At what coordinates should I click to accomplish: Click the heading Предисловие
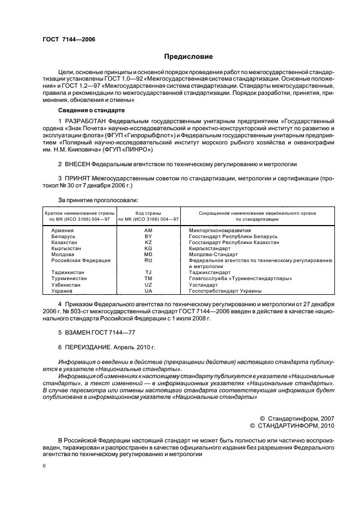click(x=188, y=57)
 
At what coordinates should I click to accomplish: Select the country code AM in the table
click(x=148, y=231)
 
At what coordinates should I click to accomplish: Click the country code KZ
click(x=148, y=242)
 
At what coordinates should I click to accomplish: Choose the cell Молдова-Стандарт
click(x=213, y=254)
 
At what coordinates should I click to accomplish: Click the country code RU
click(x=148, y=260)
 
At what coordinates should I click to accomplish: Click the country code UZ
click(x=148, y=284)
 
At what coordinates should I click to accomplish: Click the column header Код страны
click(x=148, y=213)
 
